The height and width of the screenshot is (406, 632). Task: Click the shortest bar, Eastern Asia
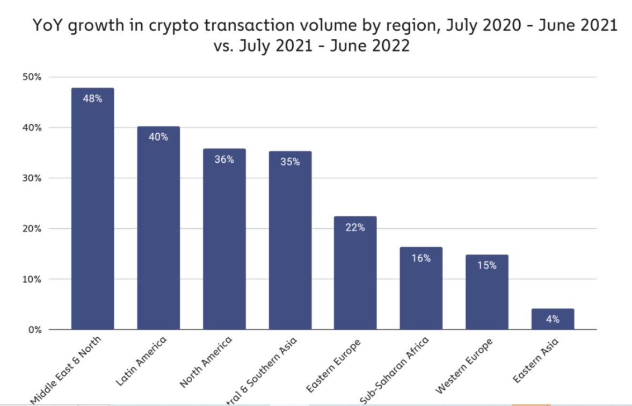(x=553, y=319)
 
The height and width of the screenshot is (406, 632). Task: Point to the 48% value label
(x=92, y=99)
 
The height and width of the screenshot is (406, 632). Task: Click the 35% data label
(x=290, y=162)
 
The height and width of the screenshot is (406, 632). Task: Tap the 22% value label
(x=355, y=227)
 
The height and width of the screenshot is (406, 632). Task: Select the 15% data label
(x=486, y=265)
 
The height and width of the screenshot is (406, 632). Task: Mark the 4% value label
(x=553, y=319)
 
